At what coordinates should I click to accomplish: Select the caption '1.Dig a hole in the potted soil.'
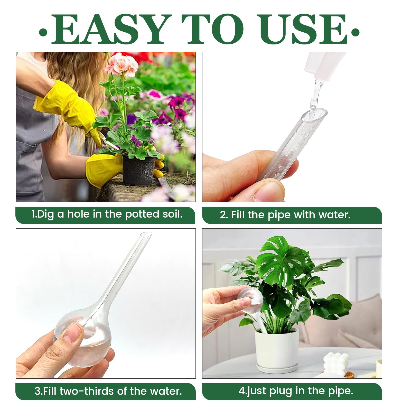pyautogui.click(x=107, y=214)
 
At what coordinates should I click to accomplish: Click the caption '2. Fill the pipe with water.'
pyautogui.click(x=285, y=215)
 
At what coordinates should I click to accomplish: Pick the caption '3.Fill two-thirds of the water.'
pyautogui.click(x=108, y=391)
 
